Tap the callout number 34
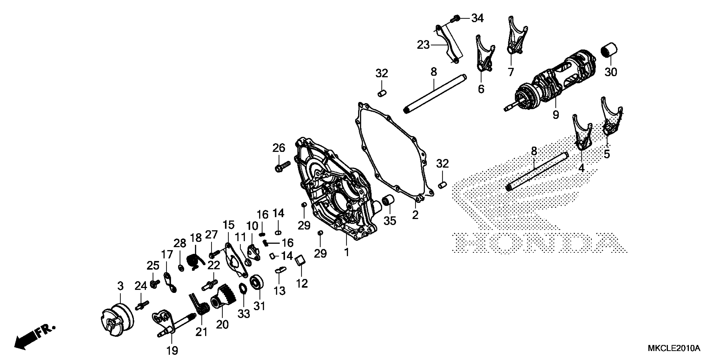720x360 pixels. pyautogui.click(x=477, y=18)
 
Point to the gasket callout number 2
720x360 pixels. pyautogui.click(x=415, y=215)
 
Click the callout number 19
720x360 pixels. pyautogui.click(x=172, y=350)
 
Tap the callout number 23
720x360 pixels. pyautogui.click(x=423, y=45)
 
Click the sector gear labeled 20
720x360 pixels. pyautogui.click(x=224, y=298)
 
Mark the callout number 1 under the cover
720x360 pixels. pyautogui.click(x=347, y=252)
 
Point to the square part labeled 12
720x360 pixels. pyautogui.click(x=300, y=260)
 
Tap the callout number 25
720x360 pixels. pyautogui.click(x=153, y=266)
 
